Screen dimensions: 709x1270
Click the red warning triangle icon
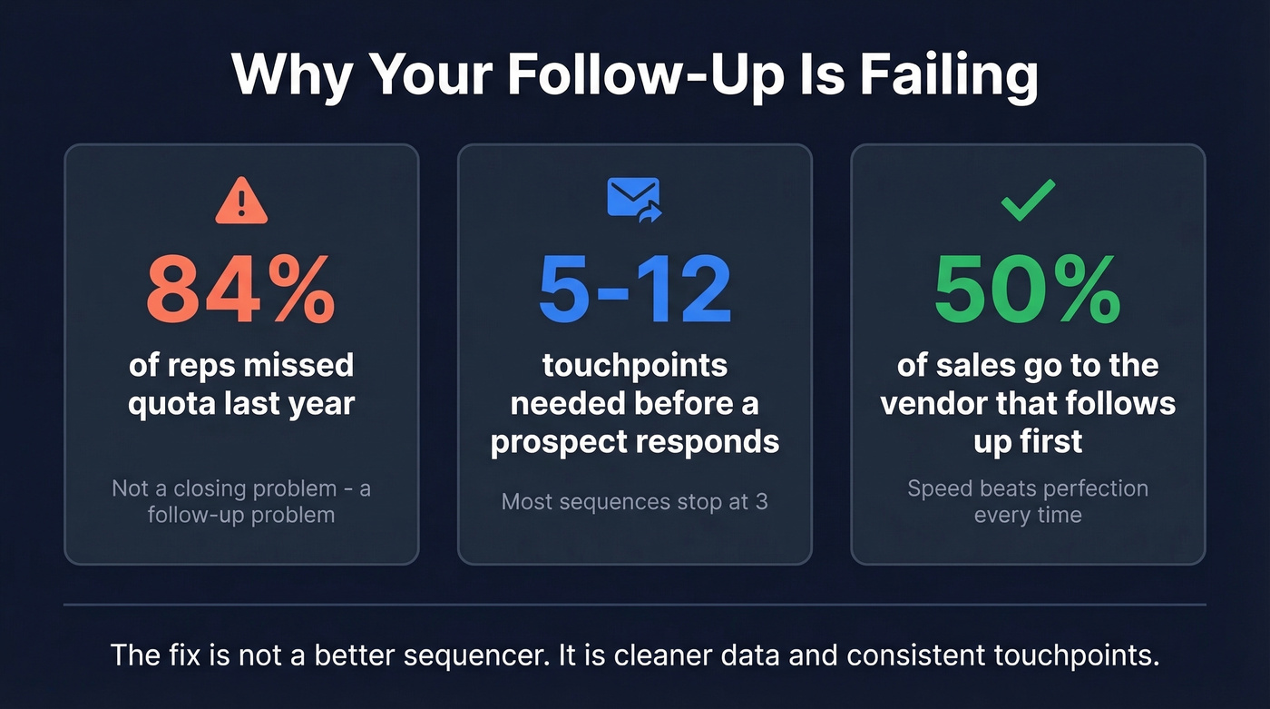[x=241, y=202]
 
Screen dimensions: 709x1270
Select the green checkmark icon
[x=1028, y=200]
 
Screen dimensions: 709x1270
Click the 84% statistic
[x=240, y=290]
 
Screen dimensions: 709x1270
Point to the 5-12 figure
[x=634, y=290]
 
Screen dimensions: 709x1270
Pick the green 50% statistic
[x=1028, y=290]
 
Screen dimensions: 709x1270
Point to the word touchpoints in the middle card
[x=634, y=365]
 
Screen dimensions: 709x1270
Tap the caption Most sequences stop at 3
[x=634, y=500]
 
